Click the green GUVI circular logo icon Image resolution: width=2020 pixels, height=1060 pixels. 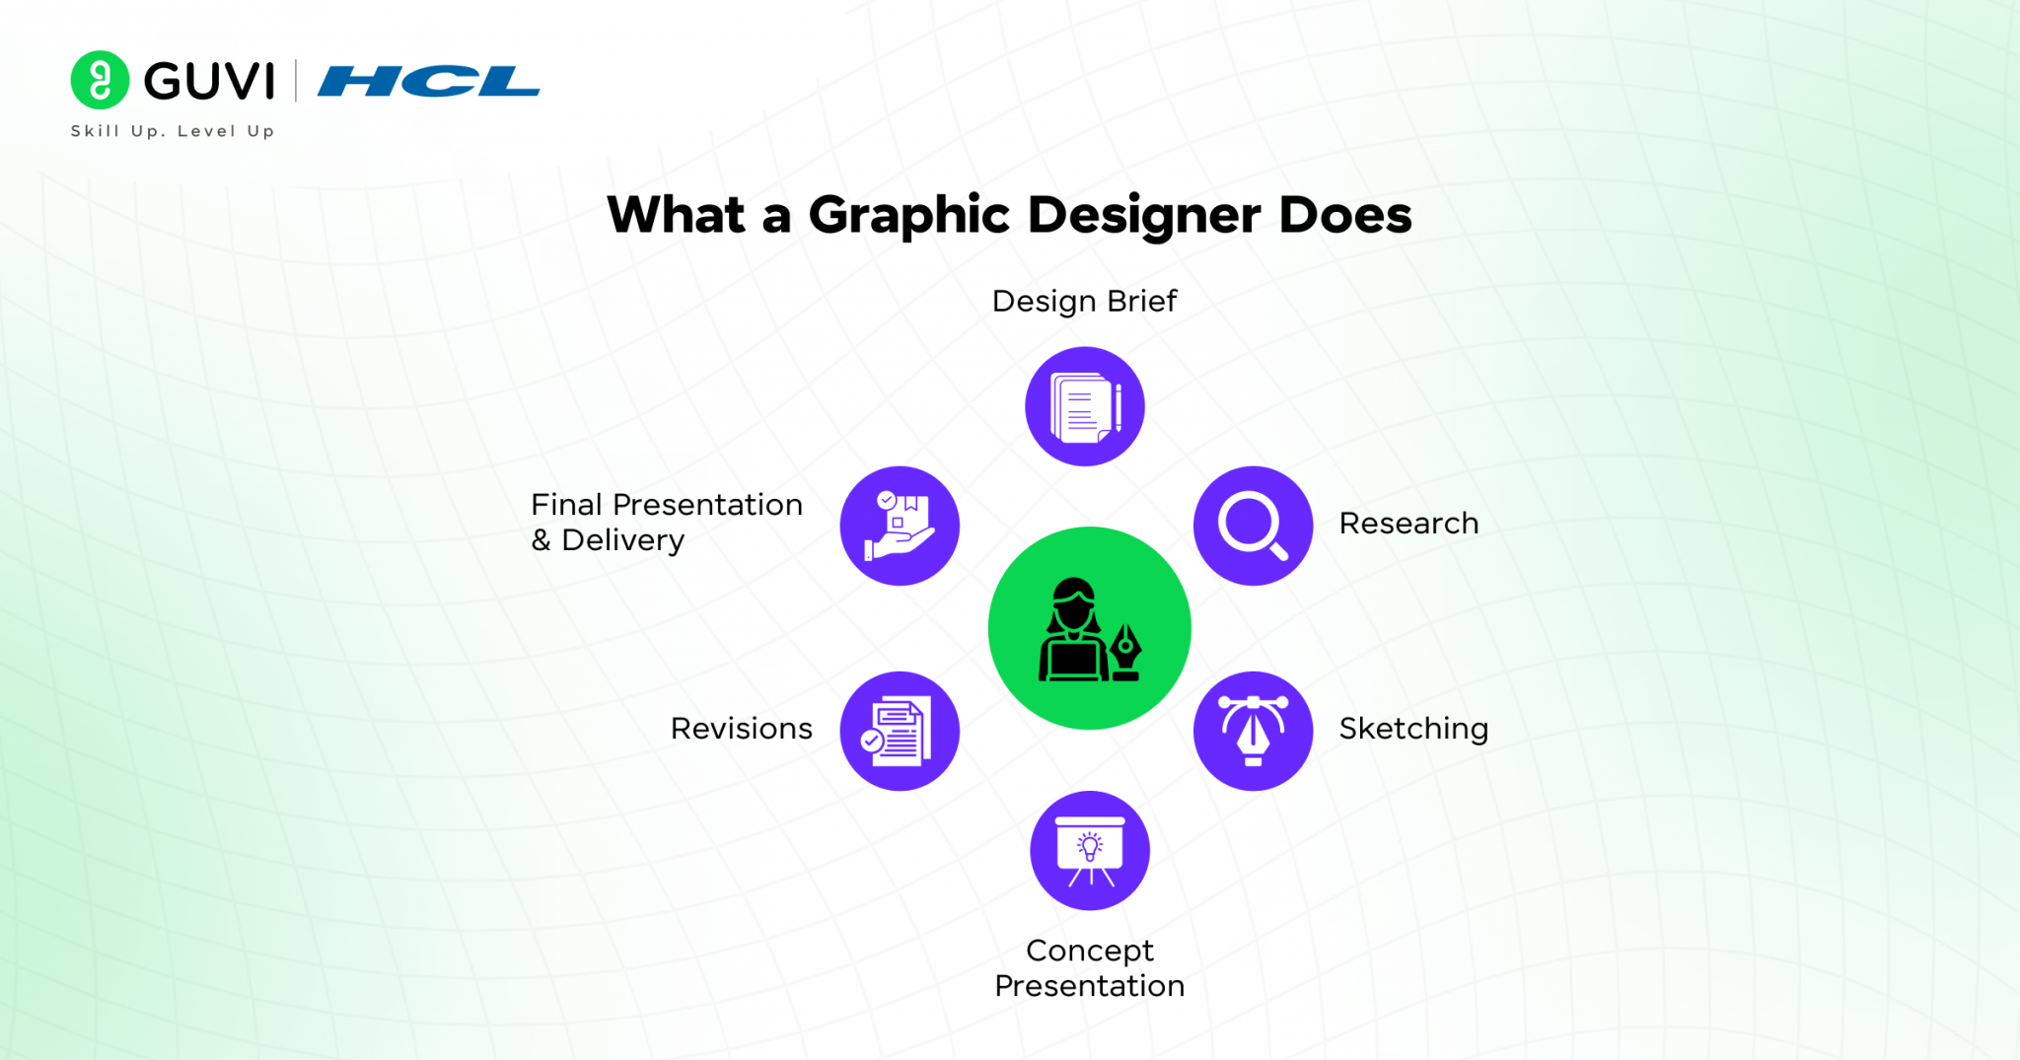pyautogui.click(x=100, y=80)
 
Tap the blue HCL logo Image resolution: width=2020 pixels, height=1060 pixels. pyautogui.click(x=428, y=81)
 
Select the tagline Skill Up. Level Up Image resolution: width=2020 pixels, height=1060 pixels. pyautogui.click(x=173, y=131)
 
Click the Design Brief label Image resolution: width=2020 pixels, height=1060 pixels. pyautogui.click(x=1084, y=301)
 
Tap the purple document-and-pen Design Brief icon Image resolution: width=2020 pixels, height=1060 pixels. pyautogui.click(x=1084, y=406)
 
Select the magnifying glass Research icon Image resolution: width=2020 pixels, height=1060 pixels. pyautogui.click(x=1253, y=526)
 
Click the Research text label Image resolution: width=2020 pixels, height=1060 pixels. pyautogui.click(x=1408, y=524)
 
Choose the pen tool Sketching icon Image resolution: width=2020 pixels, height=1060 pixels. pyautogui.click(x=1253, y=731)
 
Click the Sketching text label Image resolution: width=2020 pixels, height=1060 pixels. pyautogui.click(x=1413, y=729)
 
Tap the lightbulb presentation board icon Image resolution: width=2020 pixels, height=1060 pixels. pyautogui.click(x=1090, y=850)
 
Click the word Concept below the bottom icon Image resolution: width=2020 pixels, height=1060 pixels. pyautogui.click(x=1089, y=951)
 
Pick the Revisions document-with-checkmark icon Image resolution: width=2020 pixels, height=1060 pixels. pyautogui.click(x=899, y=731)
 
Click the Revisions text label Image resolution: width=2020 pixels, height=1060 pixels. pyautogui.click(x=742, y=729)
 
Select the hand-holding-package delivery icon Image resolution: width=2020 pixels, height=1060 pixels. pyautogui.click(x=899, y=526)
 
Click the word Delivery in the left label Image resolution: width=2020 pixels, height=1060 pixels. pyautogui.click(x=622, y=540)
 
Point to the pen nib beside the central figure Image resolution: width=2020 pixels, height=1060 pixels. pyautogui.click(x=1126, y=651)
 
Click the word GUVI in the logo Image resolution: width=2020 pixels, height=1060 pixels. pyautogui.click(x=209, y=81)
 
